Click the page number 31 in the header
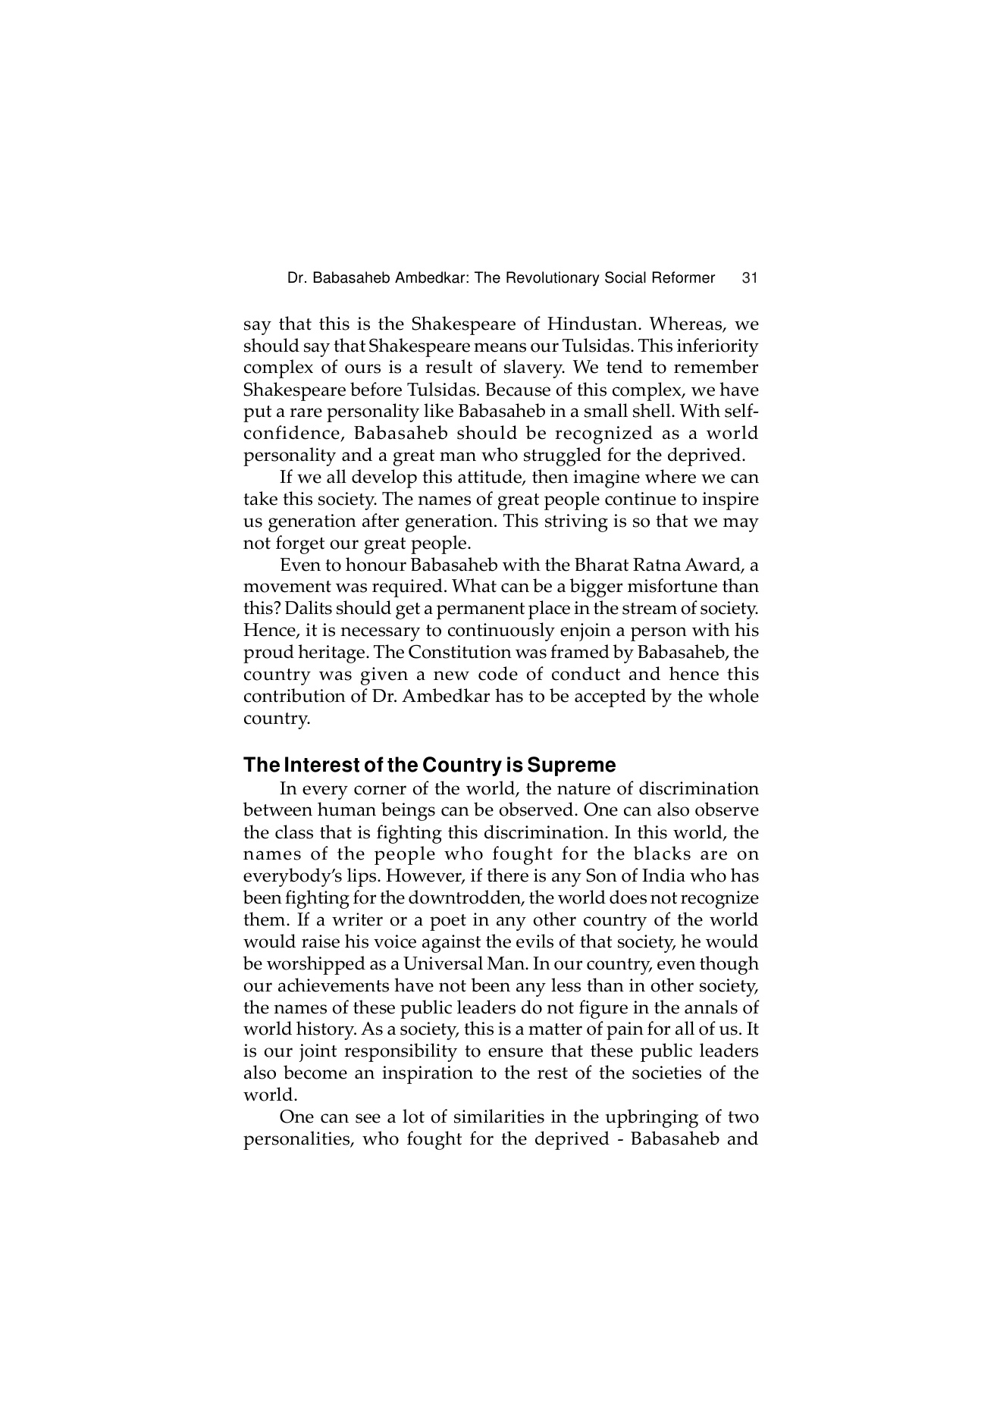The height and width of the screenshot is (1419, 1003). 749,278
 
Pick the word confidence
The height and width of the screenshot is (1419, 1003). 292,434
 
